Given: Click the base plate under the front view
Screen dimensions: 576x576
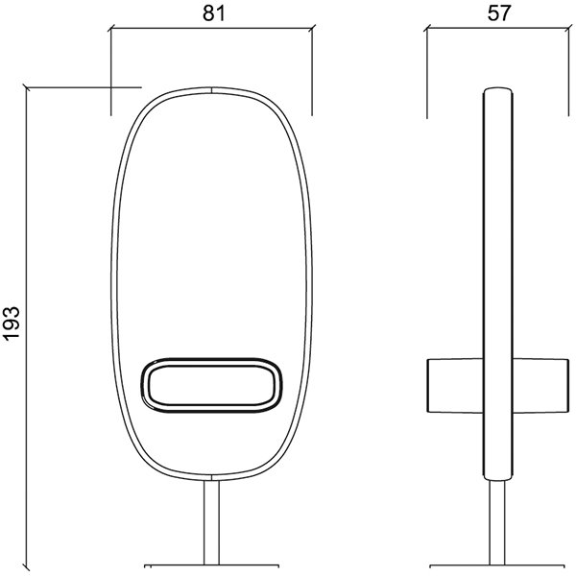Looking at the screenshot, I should click(x=210, y=564).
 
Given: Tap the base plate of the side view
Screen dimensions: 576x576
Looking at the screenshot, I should click(x=496, y=564).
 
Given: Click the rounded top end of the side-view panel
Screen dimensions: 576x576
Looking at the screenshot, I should click(x=496, y=94).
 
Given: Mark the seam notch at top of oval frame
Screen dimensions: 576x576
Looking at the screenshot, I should click(x=210, y=88).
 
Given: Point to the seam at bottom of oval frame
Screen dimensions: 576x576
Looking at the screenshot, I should click(x=210, y=475).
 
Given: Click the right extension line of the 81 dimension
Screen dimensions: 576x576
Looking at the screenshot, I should click(x=313, y=67).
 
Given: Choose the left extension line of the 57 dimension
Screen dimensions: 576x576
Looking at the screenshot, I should click(x=425, y=67).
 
